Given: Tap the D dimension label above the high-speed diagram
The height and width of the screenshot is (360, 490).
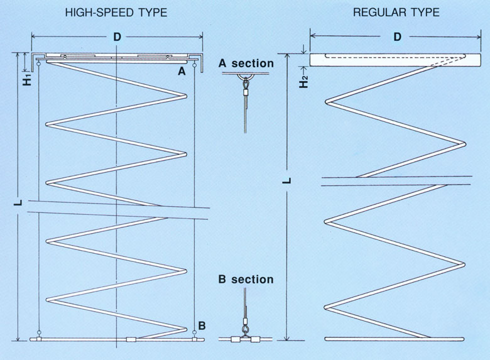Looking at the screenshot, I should (117, 37).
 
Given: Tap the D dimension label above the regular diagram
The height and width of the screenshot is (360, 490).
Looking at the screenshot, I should (396, 37).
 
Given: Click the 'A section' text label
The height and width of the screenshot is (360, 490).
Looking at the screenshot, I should (246, 63).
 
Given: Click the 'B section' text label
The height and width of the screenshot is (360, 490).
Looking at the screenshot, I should (246, 279).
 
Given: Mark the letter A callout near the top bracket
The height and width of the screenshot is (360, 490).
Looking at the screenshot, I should (182, 72).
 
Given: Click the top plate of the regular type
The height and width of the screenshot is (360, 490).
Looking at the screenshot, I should (389, 60).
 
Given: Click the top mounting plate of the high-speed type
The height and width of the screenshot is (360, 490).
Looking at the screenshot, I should (117, 57).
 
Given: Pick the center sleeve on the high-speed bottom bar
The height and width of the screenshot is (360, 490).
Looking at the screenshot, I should (131, 339).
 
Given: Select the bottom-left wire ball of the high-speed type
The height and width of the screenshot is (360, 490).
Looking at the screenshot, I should (39, 332).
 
